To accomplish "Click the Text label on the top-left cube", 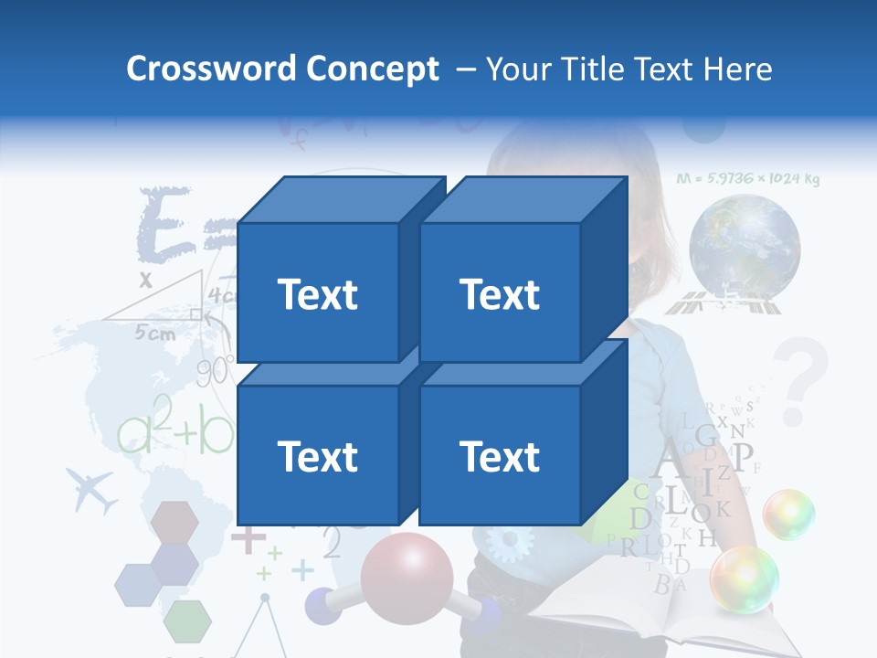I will [317, 294].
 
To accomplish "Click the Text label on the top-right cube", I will [500, 294].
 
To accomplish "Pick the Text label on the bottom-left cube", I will [317, 456].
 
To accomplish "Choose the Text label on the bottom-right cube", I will [500, 456].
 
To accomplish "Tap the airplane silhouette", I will [93, 490].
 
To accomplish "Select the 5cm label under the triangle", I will [155, 334].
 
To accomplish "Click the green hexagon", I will [188, 620].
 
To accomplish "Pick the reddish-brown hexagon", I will [174, 520].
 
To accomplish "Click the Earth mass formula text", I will [747, 179].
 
